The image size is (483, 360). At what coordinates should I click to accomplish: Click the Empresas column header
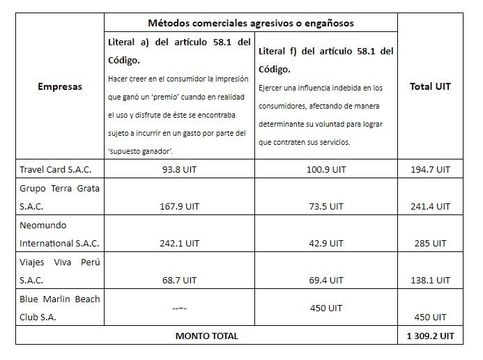[x=59, y=86]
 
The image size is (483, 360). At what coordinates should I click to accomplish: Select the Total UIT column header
[x=430, y=86]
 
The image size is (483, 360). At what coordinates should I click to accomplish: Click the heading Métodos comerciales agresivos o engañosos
[x=250, y=23]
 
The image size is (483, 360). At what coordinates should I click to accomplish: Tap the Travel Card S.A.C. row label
[x=55, y=169]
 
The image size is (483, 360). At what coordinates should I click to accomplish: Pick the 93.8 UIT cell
[x=179, y=169]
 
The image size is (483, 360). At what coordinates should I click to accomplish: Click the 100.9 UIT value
[x=326, y=169]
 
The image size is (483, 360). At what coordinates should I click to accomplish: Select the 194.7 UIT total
[x=430, y=169]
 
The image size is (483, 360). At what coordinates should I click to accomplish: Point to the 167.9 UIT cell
[x=179, y=206]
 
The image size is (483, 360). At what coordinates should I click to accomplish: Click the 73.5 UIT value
[x=326, y=206]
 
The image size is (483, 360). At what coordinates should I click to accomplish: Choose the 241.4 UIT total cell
[x=430, y=206]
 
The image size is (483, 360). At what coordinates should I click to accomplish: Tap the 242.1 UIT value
[x=179, y=243]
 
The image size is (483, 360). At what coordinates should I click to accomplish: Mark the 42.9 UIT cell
[x=326, y=243]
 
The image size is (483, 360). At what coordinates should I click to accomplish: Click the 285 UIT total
[x=430, y=243]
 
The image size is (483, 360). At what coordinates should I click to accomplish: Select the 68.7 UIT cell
[x=179, y=280]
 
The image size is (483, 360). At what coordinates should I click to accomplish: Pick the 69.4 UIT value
[x=326, y=280]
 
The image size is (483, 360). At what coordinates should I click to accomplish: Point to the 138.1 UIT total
[x=430, y=280]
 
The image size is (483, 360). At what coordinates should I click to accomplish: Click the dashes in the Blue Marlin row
[x=179, y=308]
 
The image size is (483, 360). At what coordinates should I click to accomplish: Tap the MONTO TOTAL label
[x=206, y=336]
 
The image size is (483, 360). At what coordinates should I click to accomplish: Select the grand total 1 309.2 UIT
[x=430, y=336]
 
